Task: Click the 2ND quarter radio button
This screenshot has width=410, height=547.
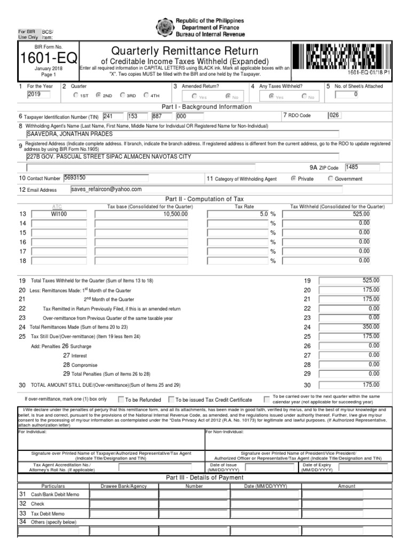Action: click(x=98, y=96)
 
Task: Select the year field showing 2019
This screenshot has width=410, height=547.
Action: click(x=38, y=95)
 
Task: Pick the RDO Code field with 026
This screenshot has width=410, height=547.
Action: click(x=334, y=115)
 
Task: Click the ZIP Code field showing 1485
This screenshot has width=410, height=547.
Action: click(x=361, y=167)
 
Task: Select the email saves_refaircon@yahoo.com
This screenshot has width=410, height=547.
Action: click(x=107, y=189)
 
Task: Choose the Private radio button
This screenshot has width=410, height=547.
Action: click(x=294, y=179)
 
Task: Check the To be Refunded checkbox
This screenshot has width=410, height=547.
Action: click(x=121, y=399)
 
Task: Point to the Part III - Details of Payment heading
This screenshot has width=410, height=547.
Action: click(x=204, y=477)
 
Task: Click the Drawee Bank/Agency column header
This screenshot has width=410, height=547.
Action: click(x=124, y=486)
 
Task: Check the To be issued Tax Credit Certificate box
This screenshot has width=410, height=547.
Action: click(x=171, y=399)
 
